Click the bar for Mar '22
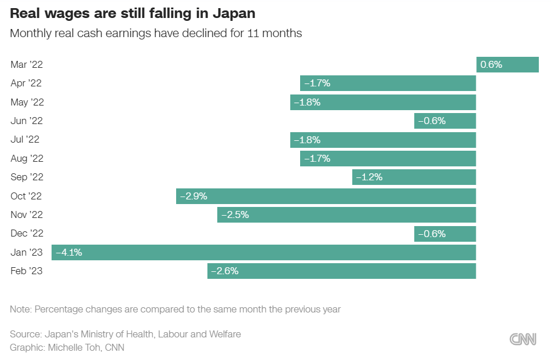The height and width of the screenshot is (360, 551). (x=508, y=64)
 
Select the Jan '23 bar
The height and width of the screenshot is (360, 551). (x=264, y=252)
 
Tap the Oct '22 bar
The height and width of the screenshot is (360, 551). (x=326, y=196)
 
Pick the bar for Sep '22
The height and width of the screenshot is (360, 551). (x=414, y=177)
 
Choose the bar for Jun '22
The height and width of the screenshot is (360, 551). (x=445, y=121)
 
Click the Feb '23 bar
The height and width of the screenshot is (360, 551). (x=342, y=271)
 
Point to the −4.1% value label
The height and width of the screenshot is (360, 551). (x=68, y=252)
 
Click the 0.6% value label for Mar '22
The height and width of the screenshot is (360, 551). (x=491, y=64)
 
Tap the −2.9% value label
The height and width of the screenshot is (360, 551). (x=194, y=196)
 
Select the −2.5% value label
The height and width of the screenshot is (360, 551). (x=235, y=215)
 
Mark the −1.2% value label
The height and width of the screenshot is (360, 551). (x=369, y=177)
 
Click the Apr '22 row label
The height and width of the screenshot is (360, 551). (x=26, y=83)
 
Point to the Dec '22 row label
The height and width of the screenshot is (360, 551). (x=27, y=234)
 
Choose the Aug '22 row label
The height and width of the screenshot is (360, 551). (x=27, y=158)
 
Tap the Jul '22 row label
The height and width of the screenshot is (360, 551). (x=25, y=140)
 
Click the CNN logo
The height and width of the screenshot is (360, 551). (x=523, y=339)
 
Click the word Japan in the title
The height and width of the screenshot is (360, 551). (x=229, y=13)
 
